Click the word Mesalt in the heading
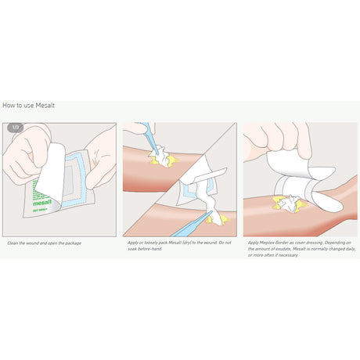(45, 105)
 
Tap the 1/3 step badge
(15, 127)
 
